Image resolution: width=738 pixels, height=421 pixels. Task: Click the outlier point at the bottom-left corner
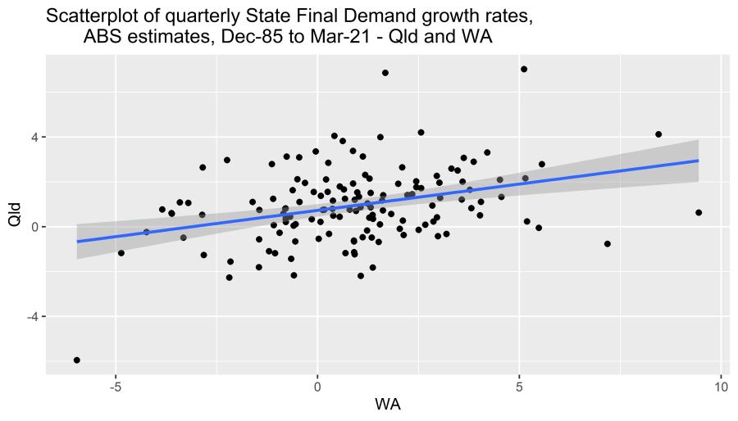tap(76, 360)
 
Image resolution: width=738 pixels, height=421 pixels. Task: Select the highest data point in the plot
tap(524, 69)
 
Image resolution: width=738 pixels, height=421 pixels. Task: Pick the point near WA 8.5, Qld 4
tap(658, 134)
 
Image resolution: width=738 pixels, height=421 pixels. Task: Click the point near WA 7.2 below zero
tap(608, 243)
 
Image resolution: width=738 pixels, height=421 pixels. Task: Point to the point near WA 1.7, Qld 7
tap(385, 73)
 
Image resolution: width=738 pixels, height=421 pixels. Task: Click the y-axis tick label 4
tap(34, 138)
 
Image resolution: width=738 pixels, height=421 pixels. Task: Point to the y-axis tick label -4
tap(31, 317)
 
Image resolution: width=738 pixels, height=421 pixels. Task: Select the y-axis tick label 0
tap(34, 227)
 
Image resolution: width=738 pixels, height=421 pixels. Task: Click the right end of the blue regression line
tap(698, 161)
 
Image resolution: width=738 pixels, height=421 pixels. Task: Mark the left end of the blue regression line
tap(77, 242)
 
